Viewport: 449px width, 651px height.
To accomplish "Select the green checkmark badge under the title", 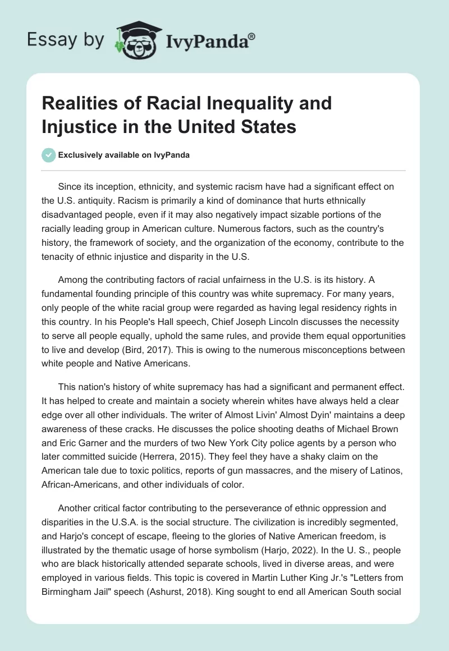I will (49, 155).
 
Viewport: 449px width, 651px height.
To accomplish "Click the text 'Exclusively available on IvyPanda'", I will (123, 155).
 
